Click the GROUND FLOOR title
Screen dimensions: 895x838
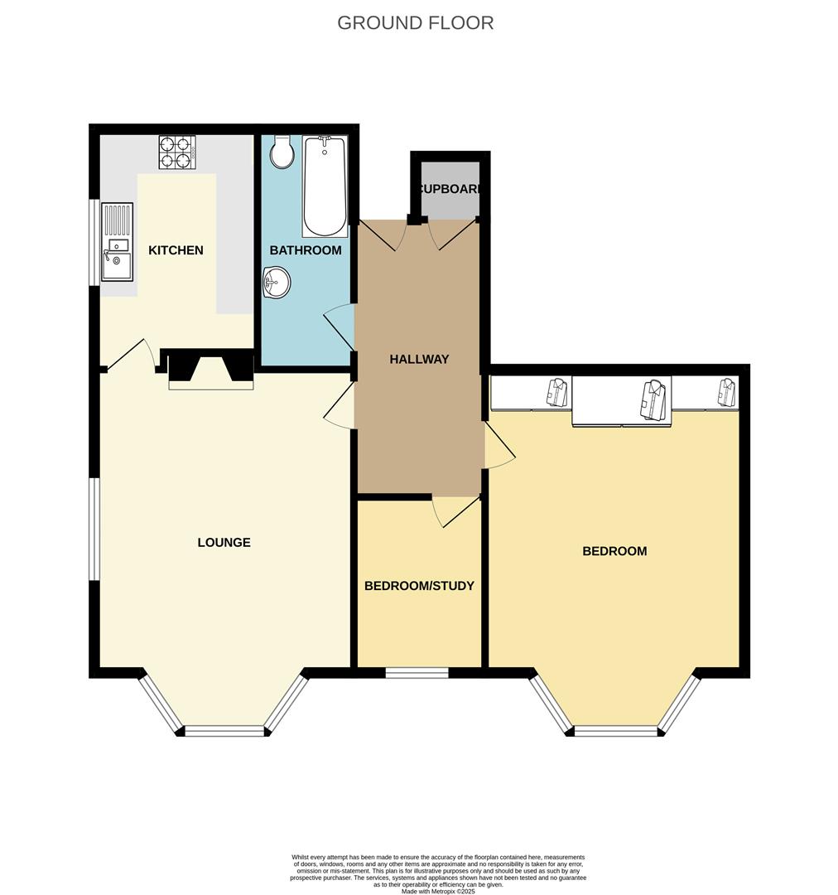tap(415, 22)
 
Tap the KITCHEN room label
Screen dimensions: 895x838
tap(176, 250)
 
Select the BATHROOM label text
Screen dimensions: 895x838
tap(305, 250)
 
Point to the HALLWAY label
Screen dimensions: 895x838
tap(419, 359)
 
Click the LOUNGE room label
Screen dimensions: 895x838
tap(224, 543)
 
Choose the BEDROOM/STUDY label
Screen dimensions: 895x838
tap(419, 586)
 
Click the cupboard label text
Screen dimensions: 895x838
tap(450, 189)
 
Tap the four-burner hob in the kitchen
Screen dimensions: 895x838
tap(176, 152)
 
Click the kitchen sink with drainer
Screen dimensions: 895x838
tap(116, 243)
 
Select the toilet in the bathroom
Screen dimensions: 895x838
tap(282, 152)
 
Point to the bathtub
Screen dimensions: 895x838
tap(324, 186)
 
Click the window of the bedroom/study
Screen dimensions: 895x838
tap(417, 672)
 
